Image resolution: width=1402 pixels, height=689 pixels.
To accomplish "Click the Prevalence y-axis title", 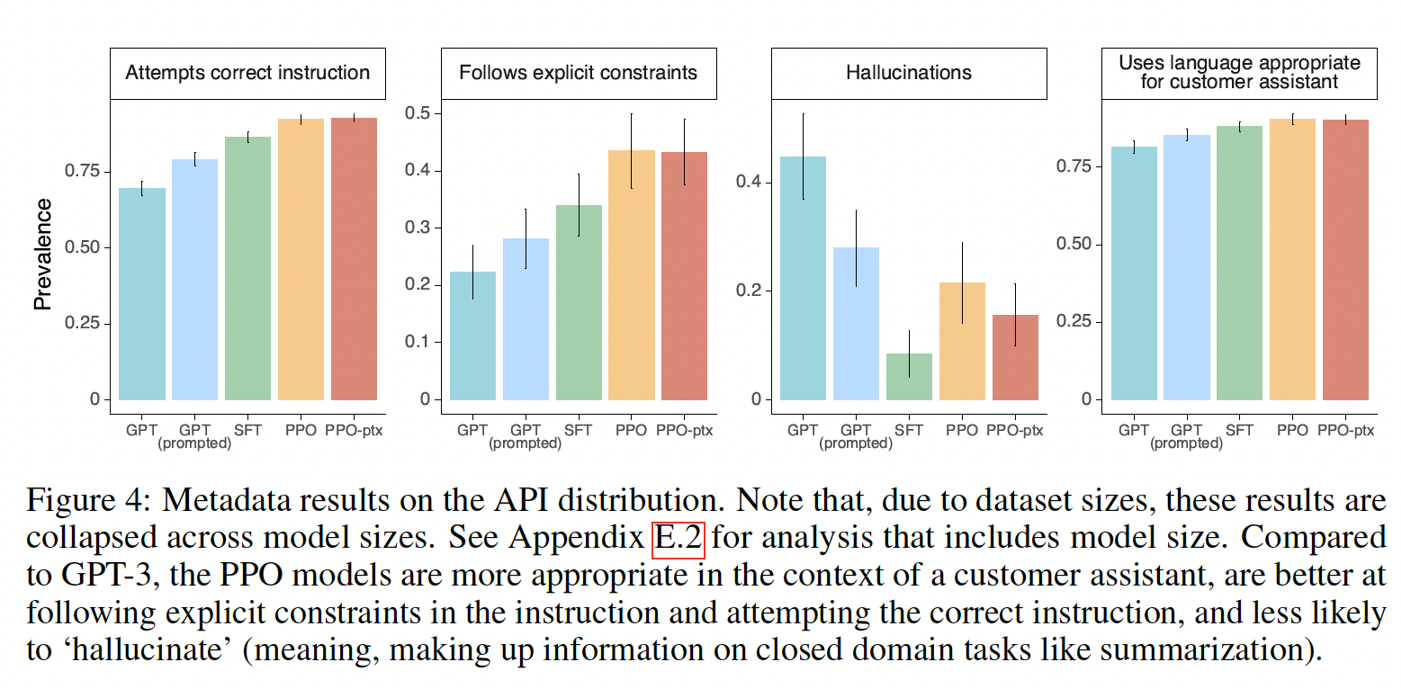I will click(42, 255).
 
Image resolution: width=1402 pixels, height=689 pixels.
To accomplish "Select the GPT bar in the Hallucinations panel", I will click(803, 278).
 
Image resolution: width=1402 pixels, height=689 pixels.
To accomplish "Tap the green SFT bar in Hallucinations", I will click(909, 377).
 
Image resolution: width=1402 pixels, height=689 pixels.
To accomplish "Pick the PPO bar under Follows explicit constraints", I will click(631, 274).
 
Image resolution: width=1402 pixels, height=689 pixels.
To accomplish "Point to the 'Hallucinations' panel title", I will click(908, 73).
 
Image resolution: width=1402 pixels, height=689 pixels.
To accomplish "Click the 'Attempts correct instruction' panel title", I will click(247, 73).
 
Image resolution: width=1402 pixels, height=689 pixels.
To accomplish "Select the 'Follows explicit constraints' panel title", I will click(578, 73).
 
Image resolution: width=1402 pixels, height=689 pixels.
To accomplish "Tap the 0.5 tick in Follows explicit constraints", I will click(418, 113).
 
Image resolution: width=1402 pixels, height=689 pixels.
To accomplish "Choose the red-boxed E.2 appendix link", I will click(679, 539).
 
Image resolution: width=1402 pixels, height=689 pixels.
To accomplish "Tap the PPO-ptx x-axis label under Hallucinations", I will click(1015, 430).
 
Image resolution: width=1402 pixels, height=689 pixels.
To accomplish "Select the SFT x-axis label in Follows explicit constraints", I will click(578, 430).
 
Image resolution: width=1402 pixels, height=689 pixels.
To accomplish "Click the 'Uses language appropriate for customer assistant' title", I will click(1239, 73).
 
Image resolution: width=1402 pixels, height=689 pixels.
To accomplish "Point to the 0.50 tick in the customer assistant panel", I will click(1074, 244).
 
